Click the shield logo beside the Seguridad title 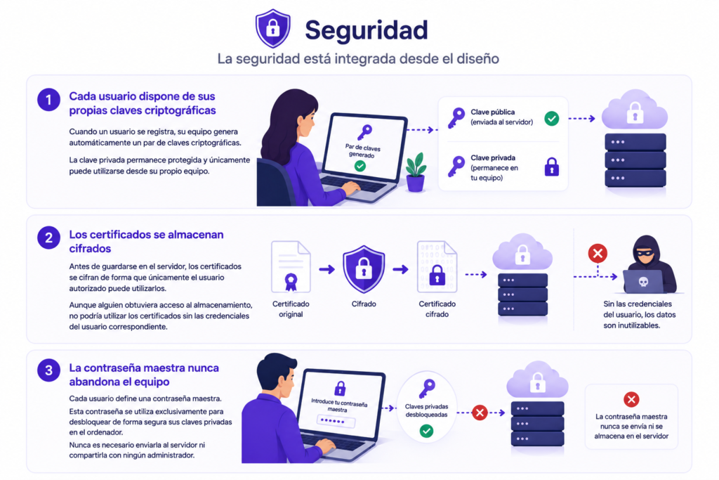click(273, 28)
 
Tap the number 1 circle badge click(48, 100)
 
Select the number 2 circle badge click(48, 238)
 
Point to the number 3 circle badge click(48, 370)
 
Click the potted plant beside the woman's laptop click(416, 172)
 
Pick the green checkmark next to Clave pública click(552, 118)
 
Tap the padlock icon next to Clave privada click(552, 167)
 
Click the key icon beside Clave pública click(456, 118)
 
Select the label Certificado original click(291, 309)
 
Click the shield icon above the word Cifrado click(364, 269)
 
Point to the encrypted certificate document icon click(437, 267)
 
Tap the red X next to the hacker click(598, 253)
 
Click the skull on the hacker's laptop click(643, 282)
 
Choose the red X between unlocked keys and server click(480, 413)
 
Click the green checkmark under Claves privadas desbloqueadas click(426, 431)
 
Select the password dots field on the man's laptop click(336, 421)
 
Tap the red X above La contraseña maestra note click(631, 399)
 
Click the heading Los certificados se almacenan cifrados click(146, 241)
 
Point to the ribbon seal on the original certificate click(291, 282)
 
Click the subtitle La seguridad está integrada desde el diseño click(358, 59)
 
